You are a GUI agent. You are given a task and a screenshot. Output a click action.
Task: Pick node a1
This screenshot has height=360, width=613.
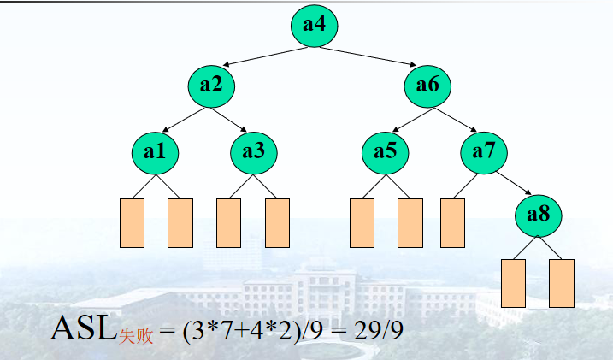click(155, 152)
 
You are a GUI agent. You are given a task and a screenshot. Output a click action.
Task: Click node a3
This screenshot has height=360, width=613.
click(253, 152)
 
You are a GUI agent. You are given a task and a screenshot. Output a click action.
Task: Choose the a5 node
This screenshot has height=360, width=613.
click(386, 152)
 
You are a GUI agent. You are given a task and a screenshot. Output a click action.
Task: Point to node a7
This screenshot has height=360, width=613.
click(484, 152)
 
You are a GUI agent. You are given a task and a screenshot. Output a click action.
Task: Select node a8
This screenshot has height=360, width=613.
click(538, 215)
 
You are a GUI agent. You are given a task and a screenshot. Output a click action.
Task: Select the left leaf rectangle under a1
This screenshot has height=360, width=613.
click(132, 222)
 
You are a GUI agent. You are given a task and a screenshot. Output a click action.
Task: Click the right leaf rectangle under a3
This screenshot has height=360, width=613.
click(278, 222)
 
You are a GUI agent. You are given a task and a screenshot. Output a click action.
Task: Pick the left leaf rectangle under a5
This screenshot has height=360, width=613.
click(362, 222)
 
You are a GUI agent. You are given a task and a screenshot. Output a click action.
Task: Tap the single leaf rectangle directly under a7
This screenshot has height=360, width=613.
click(452, 222)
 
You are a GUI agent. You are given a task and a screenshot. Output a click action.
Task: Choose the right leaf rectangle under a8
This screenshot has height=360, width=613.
click(562, 283)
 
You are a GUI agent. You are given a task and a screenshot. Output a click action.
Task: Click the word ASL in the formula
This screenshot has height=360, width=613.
click(84, 328)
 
